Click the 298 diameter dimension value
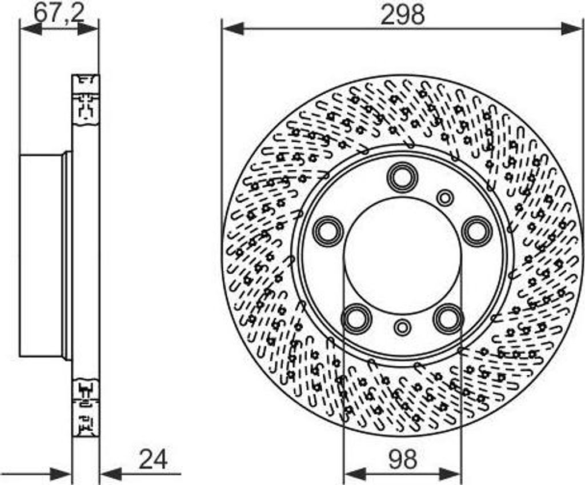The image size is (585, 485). point(403,15)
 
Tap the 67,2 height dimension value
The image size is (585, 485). point(59,14)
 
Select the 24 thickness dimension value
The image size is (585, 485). point(153,459)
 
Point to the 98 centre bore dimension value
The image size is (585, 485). point(403,459)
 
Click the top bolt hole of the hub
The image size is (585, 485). point(403,177)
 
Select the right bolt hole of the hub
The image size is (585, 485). point(476,231)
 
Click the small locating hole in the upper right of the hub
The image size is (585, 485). point(445,198)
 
